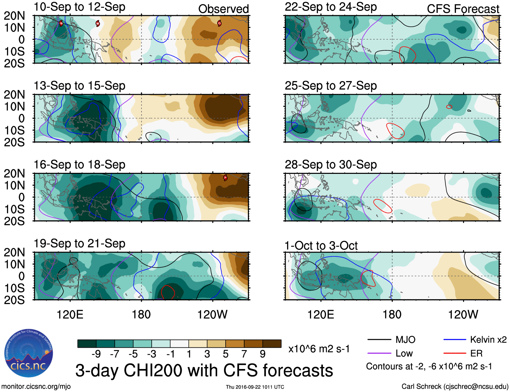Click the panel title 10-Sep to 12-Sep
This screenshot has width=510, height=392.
(79, 7)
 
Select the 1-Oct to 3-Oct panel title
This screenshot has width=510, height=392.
(321, 246)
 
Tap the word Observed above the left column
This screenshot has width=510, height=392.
(223, 9)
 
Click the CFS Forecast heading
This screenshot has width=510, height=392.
(463, 9)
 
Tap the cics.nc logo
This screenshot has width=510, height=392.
(29, 353)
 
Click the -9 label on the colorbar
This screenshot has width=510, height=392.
(96, 354)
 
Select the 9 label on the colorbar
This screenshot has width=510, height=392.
(263, 354)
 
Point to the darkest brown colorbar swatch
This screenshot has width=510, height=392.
(272, 344)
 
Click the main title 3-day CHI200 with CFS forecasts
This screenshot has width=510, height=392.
(204, 370)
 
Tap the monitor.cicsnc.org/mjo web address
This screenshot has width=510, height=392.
(36, 386)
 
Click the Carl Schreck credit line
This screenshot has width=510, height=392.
(455, 386)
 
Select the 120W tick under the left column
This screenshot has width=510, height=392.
(212, 315)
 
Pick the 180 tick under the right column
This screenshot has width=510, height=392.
(392, 315)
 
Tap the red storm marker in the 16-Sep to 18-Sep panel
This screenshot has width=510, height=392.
(225, 178)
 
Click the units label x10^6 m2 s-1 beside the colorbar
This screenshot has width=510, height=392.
(319, 349)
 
